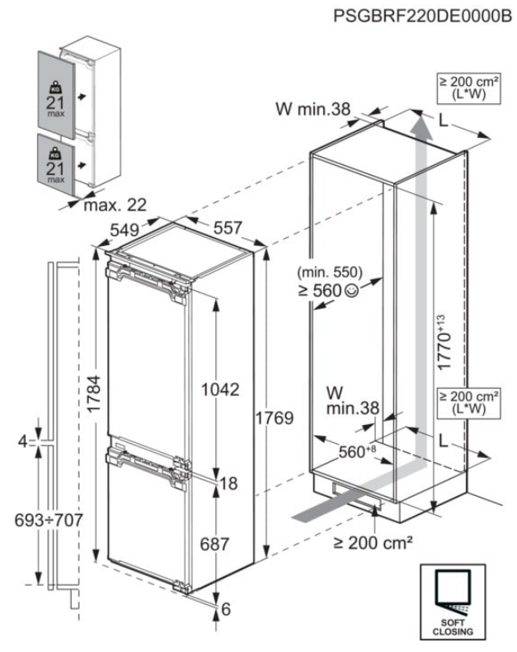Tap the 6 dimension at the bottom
pyautogui.click(x=223, y=609)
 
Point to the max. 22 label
pyautogui.click(x=114, y=204)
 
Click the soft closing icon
pyautogui.click(x=452, y=600)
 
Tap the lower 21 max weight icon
pyautogui.click(x=55, y=161)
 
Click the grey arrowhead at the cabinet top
pyautogui.click(x=421, y=125)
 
